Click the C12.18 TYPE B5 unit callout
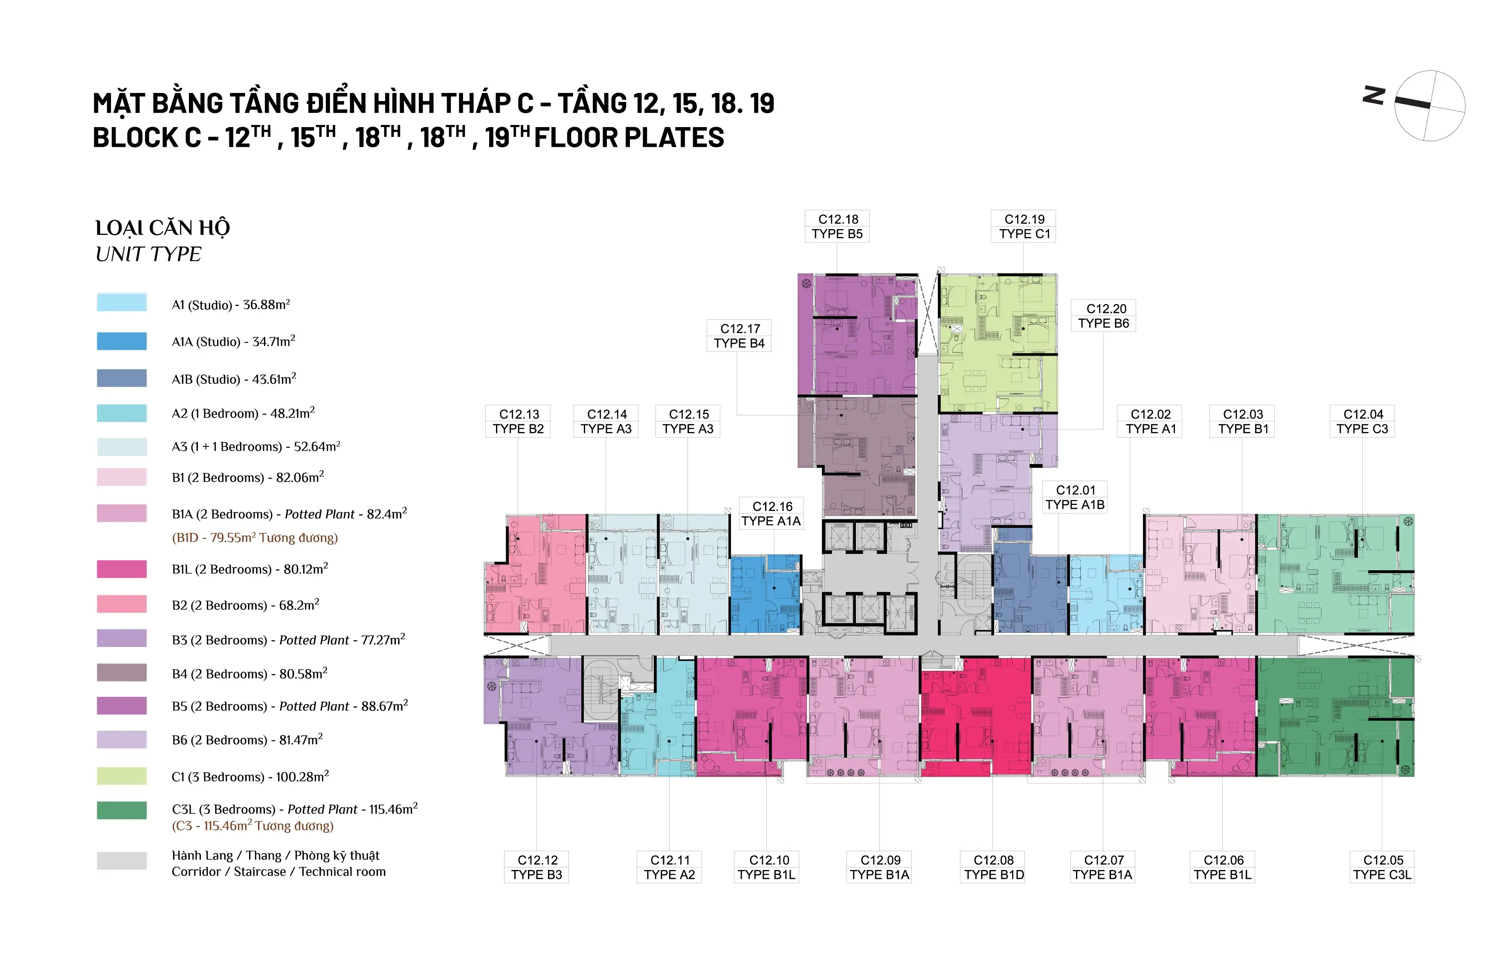[x=837, y=226]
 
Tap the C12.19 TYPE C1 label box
[x=1024, y=226]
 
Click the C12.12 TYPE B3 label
[x=537, y=867]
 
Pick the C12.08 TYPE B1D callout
[x=993, y=867]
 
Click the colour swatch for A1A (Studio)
[x=122, y=341]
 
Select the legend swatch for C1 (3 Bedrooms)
[x=122, y=776]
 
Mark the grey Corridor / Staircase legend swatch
[x=122, y=860]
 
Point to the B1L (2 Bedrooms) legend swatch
[x=122, y=569]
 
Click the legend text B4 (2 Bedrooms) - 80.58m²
[x=249, y=674]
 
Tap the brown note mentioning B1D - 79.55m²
[x=255, y=538]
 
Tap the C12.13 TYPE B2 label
[x=518, y=422]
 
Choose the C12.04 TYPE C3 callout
[x=1362, y=422]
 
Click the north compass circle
[x=1430, y=105]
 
